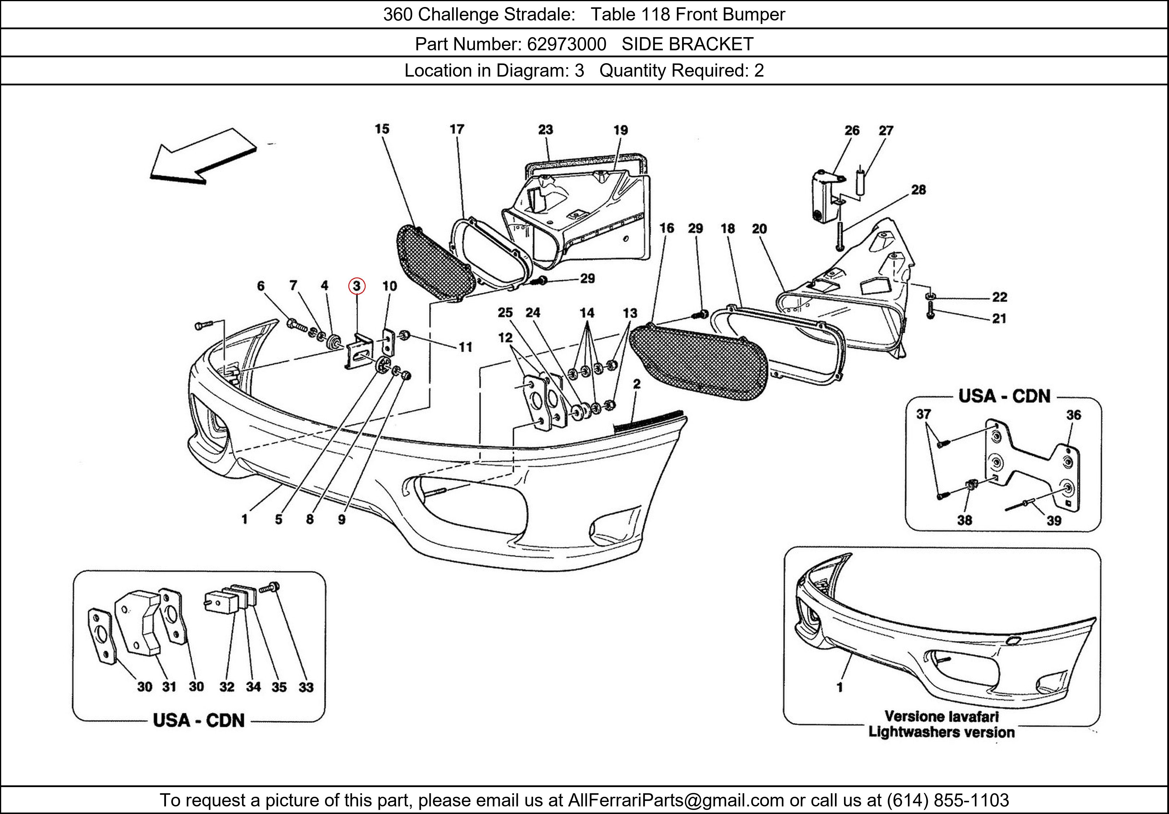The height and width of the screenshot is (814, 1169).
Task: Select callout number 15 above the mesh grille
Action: pyautogui.click(x=382, y=129)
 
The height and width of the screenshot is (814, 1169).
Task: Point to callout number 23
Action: pyautogui.click(x=545, y=130)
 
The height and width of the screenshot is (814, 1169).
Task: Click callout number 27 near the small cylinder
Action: pyautogui.click(x=886, y=130)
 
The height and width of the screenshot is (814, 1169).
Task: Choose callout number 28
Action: pyautogui.click(x=919, y=190)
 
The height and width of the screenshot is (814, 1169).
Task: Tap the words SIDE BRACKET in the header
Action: pyautogui.click(x=687, y=44)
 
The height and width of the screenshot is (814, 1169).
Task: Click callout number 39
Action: pyautogui.click(x=1054, y=521)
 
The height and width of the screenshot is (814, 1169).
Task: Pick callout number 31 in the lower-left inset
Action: pyautogui.click(x=169, y=687)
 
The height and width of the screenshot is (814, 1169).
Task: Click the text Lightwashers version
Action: pyautogui.click(x=941, y=732)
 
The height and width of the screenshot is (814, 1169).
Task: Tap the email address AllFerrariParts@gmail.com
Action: pyautogui.click(x=676, y=800)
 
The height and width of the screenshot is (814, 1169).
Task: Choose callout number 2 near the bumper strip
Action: pyautogui.click(x=637, y=384)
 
